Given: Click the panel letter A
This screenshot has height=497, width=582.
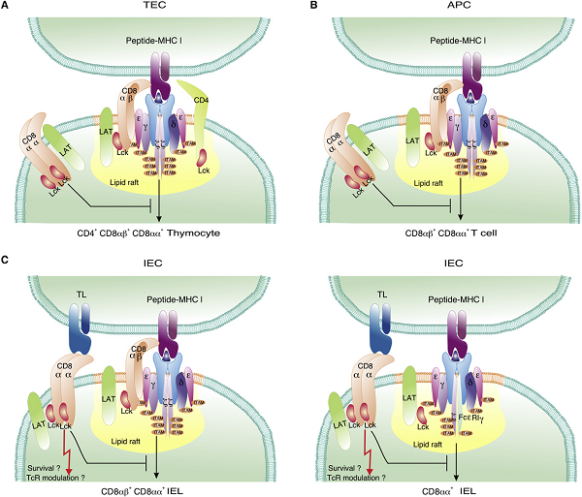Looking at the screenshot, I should click(8, 8).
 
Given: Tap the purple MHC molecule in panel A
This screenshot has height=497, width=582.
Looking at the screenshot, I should click(161, 78).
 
